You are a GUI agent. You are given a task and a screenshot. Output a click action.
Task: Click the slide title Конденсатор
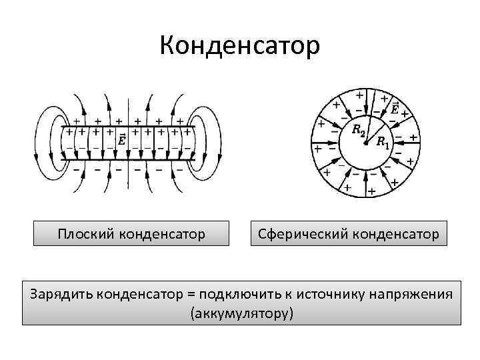pyautogui.click(x=240, y=45)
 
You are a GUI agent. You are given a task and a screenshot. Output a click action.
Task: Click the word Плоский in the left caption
pyautogui.click(x=83, y=234)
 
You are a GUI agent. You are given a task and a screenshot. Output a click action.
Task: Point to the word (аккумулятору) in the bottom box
pyautogui.click(x=241, y=313)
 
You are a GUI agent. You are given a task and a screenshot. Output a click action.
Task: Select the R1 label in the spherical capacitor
pyautogui.click(x=383, y=141)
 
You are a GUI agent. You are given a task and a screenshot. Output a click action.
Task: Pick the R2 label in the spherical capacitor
pyautogui.click(x=359, y=129)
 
